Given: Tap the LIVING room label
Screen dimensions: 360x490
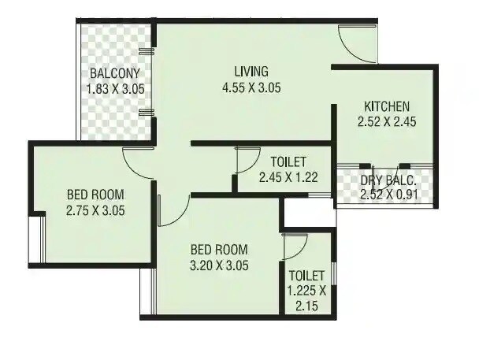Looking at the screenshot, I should [251, 71].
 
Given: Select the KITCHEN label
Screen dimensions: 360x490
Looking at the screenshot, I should [386, 106].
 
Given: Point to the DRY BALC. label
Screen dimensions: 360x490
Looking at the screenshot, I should [385, 180].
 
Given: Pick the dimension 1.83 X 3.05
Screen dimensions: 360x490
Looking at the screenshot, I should [115, 89].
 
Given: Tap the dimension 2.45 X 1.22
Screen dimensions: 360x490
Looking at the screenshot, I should [288, 178].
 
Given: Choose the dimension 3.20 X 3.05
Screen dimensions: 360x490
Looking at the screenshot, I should [220, 265].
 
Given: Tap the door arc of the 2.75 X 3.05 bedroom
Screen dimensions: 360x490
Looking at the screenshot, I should [138, 162].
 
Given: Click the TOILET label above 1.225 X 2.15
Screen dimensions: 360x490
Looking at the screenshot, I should [306, 276].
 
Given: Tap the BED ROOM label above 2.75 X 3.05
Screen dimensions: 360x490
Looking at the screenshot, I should [96, 195].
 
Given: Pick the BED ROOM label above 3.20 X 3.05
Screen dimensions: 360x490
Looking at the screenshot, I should [220, 251].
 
